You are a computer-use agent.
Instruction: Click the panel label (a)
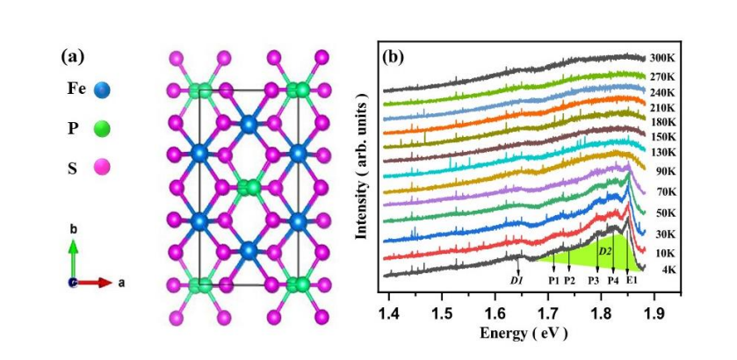pos(73,57)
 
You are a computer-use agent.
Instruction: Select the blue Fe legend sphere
pos(101,89)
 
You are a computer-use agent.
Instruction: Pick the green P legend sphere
pos(101,128)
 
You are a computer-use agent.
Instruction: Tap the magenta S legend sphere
pos(101,167)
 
